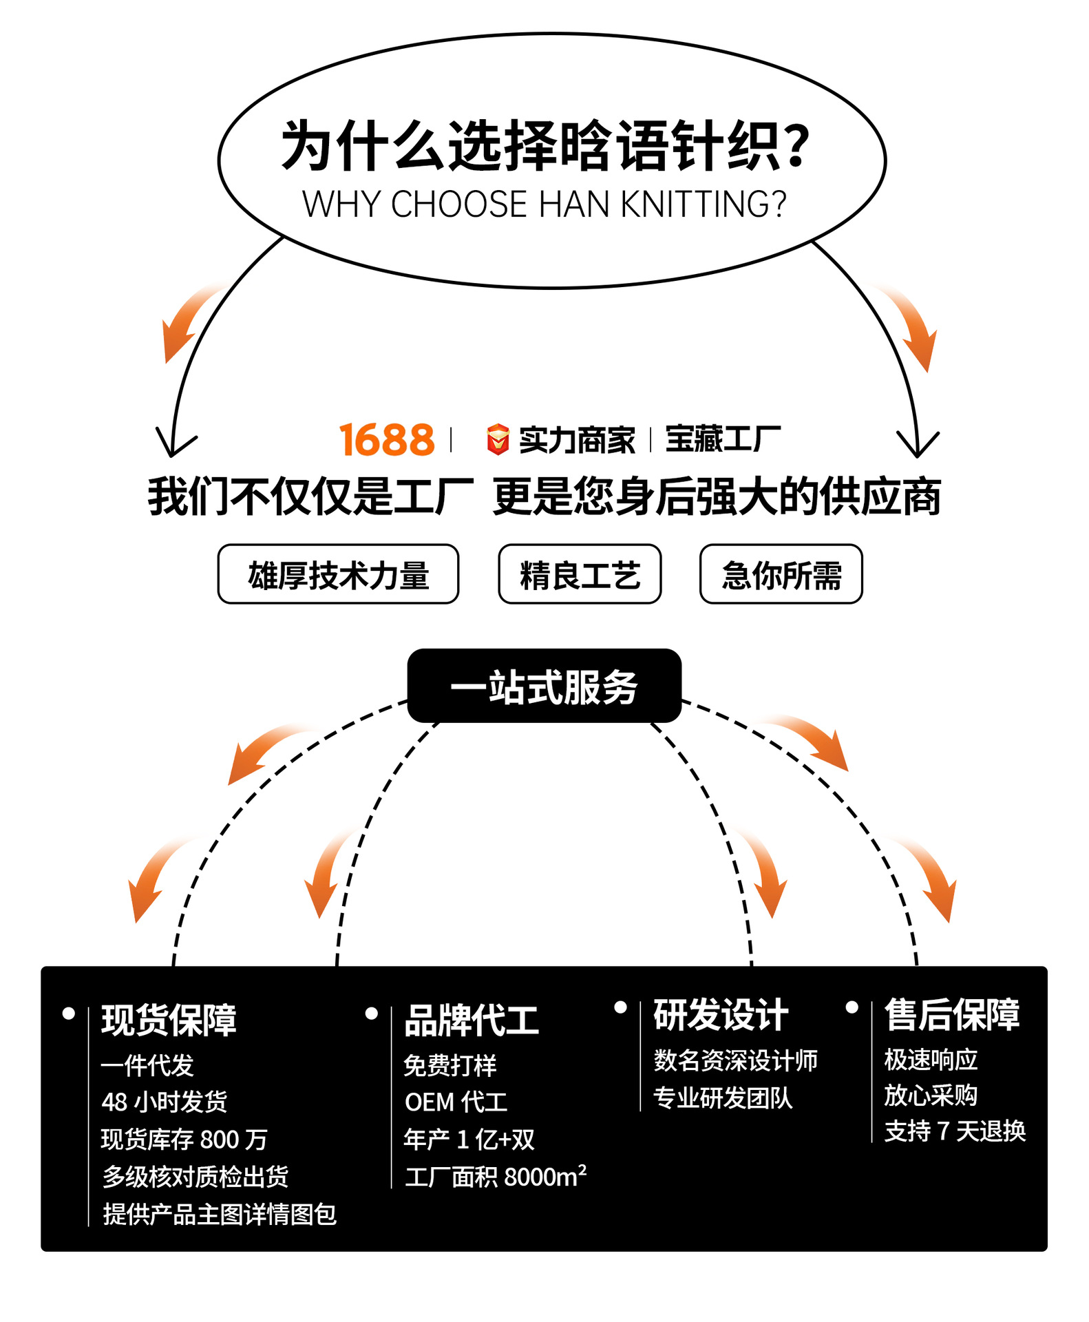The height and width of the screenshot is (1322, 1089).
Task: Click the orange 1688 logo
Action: point(387,440)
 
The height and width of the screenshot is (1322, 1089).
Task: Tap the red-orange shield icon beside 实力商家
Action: point(498,440)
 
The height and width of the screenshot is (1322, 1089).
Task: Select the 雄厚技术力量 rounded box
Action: point(338,574)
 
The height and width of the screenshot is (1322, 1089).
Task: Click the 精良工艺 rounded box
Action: point(580,574)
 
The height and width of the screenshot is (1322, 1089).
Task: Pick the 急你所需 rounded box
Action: point(781,574)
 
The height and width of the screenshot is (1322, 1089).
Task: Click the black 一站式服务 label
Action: point(544,686)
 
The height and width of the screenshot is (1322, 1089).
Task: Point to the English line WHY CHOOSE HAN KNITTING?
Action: point(544,204)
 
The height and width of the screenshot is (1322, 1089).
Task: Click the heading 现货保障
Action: point(169,1020)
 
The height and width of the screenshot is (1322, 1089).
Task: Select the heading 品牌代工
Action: point(472,1020)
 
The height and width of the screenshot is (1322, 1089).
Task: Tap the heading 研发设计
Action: point(721,1015)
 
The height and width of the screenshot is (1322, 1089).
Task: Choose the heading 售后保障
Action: point(952,1015)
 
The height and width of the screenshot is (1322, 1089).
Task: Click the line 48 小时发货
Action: point(164,1102)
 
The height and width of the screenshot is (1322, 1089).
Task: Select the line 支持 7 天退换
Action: point(955,1131)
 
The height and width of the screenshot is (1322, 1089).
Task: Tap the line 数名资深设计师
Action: point(735,1060)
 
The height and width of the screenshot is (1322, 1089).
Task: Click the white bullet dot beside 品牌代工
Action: point(372,1014)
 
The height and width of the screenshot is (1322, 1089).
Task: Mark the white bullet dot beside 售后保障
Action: point(852,1007)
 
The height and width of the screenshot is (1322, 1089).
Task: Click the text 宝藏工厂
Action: point(723,439)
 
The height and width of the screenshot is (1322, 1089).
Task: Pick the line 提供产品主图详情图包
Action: point(220,1214)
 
